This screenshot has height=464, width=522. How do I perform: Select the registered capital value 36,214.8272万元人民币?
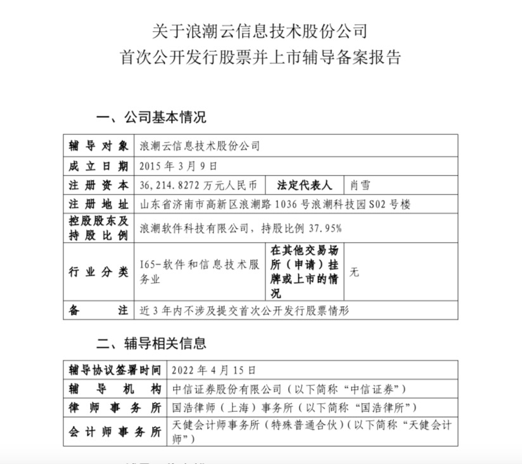click(x=198, y=185)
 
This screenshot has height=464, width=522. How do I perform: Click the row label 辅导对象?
click(x=98, y=146)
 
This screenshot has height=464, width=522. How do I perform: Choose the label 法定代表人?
click(x=304, y=185)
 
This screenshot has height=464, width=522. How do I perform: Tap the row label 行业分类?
click(x=98, y=272)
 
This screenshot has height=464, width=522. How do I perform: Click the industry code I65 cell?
click(x=199, y=272)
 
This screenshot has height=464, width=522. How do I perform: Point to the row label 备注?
click(x=98, y=311)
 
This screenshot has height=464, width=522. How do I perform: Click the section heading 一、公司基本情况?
click(x=151, y=117)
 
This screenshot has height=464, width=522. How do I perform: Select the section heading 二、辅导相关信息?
click(x=151, y=344)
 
